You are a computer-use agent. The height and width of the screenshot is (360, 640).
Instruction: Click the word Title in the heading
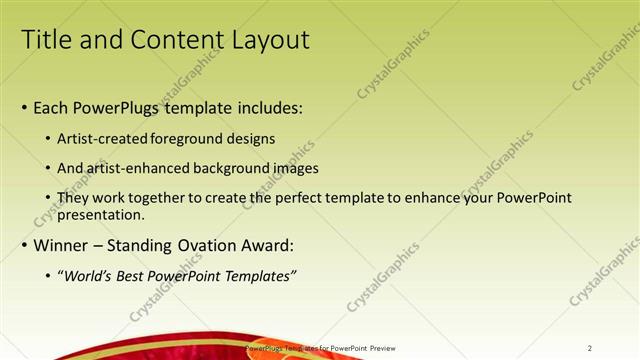coord(46,40)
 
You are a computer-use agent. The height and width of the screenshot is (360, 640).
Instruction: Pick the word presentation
coord(103,214)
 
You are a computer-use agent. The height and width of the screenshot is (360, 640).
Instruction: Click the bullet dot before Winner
coord(25,246)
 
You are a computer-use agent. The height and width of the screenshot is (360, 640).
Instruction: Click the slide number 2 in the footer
coord(590,348)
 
